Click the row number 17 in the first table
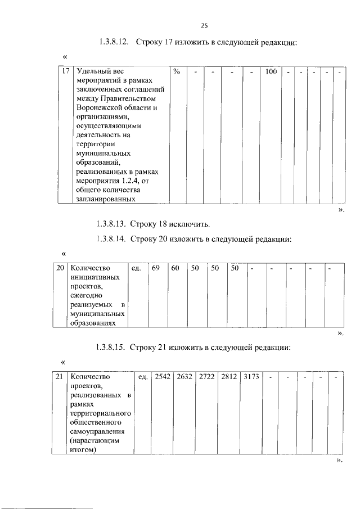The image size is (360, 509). tap(66, 72)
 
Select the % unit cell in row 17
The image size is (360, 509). tap(177, 72)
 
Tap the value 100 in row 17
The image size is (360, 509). tap(271, 72)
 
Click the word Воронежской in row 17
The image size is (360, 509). tap(98, 108)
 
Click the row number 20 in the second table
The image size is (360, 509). tap(60, 268)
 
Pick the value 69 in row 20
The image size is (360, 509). tap(156, 268)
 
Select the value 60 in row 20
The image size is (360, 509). tap(175, 268)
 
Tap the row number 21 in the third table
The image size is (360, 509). tap(60, 376)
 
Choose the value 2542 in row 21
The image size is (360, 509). tap(162, 376)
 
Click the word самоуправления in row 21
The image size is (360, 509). tap(98, 431)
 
